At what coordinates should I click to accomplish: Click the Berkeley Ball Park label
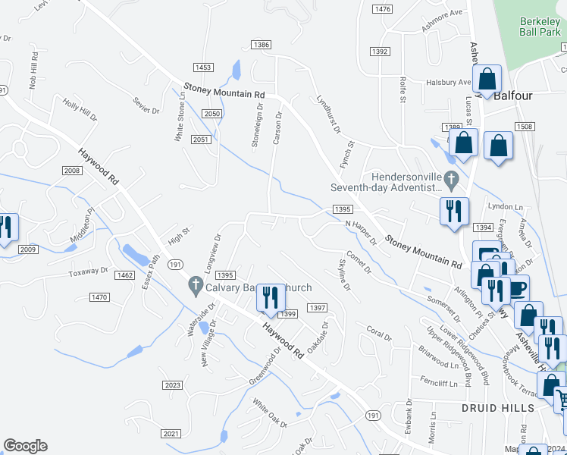point(540,28)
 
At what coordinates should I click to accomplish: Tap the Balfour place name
point(514,96)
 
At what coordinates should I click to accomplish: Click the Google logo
point(25,446)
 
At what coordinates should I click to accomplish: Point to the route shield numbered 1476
point(382,8)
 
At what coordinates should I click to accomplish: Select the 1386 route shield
point(262,45)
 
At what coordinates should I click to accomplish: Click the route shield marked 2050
point(212,113)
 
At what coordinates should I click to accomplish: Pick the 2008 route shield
point(72,171)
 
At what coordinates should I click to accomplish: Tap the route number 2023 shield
point(172,385)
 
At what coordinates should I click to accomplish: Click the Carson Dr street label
point(278,129)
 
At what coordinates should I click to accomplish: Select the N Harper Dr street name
point(361,232)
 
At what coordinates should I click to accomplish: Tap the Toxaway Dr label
point(89,272)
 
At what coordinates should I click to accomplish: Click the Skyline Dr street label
point(343,274)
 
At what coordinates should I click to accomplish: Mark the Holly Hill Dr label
point(80,109)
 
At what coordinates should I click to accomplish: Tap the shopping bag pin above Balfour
point(487,78)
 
